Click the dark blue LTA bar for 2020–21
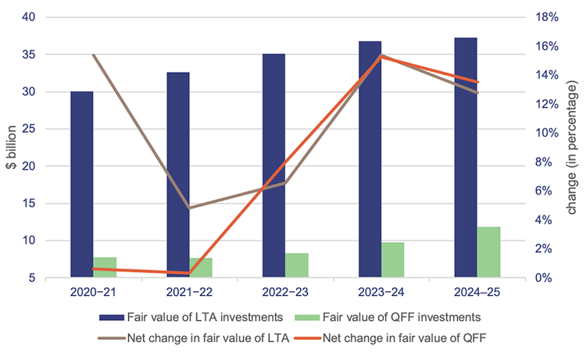pyautogui.click(x=81, y=184)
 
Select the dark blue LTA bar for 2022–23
pyautogui.click(x=273, y=165)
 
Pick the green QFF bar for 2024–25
pyautogui.click(x=489, y=251)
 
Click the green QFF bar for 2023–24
pyautogui.click(x=393, y=259)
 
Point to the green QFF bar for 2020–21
pyautogui.click(x=105, y=266)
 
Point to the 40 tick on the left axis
pyautogui.click(x=28, y=17)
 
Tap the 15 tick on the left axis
pyautogui.click(x=28, y=203)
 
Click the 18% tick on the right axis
pyautogui.click(x=545, y=17)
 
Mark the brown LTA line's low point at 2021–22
pyautogui.click(x=189, y=208)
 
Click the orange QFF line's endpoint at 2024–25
pyautogui.click(x=477, y=82)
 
